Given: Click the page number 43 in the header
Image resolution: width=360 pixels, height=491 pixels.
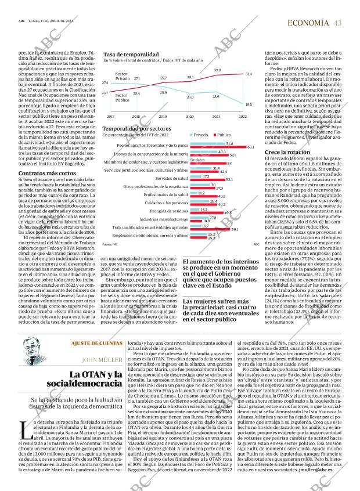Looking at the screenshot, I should (x=337, y=23).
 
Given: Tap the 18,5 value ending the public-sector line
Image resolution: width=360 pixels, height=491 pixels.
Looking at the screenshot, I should (x=249, y=104).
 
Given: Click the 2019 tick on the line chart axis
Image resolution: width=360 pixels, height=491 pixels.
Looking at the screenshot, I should (x=163, y=116).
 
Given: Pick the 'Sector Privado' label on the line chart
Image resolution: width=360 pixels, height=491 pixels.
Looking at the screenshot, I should (x=121, y=76).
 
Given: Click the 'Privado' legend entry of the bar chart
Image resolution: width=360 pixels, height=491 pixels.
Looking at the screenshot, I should (x=200, y=134).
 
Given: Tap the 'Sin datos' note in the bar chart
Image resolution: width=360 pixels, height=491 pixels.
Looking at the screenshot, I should (x=198, y=160).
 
